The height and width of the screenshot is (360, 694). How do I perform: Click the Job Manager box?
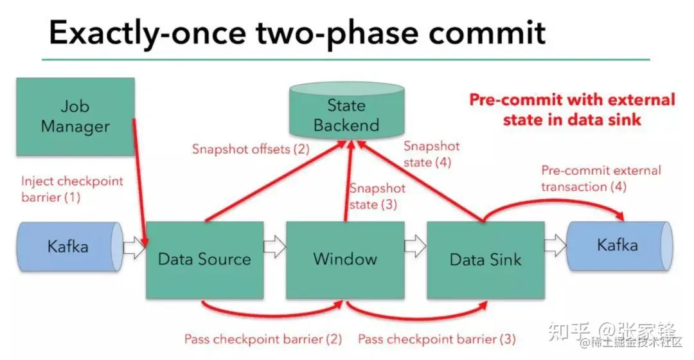tap(75, 116)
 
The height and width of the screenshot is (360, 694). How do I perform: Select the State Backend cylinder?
tap(346, 111)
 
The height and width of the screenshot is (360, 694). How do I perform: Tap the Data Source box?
tap(205, 260)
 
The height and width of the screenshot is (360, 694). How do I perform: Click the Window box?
tap(345, 260)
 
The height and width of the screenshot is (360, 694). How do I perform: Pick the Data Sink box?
tap(486, 260)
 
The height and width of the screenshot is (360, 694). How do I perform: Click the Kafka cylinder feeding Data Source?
tap(70, 247)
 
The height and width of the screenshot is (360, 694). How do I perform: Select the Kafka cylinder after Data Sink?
tap(619, 246)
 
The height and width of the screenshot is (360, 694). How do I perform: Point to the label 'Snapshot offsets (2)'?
tap(251, 148)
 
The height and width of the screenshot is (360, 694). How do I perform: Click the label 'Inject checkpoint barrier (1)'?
tap(72, 188)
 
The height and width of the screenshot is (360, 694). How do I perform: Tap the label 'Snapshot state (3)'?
tap(377, 196)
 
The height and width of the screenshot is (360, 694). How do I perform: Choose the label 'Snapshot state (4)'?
tap(432, 154)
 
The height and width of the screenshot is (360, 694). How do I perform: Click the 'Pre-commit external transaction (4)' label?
tap(601, 179)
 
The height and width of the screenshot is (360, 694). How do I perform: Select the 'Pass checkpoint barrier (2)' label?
tap(263, 339)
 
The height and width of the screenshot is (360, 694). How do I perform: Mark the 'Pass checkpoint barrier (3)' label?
tap(437, 339)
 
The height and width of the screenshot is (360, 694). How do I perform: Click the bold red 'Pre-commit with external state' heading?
tap(572, 109)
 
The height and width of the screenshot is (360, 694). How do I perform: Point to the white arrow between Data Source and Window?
tap(275, 246)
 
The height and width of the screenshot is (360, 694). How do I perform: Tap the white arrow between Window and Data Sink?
tap(415, 246)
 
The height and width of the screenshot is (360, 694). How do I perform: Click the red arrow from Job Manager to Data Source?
tap(139, 181)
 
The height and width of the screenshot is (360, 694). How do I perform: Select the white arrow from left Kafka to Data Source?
tap(134, 247)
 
